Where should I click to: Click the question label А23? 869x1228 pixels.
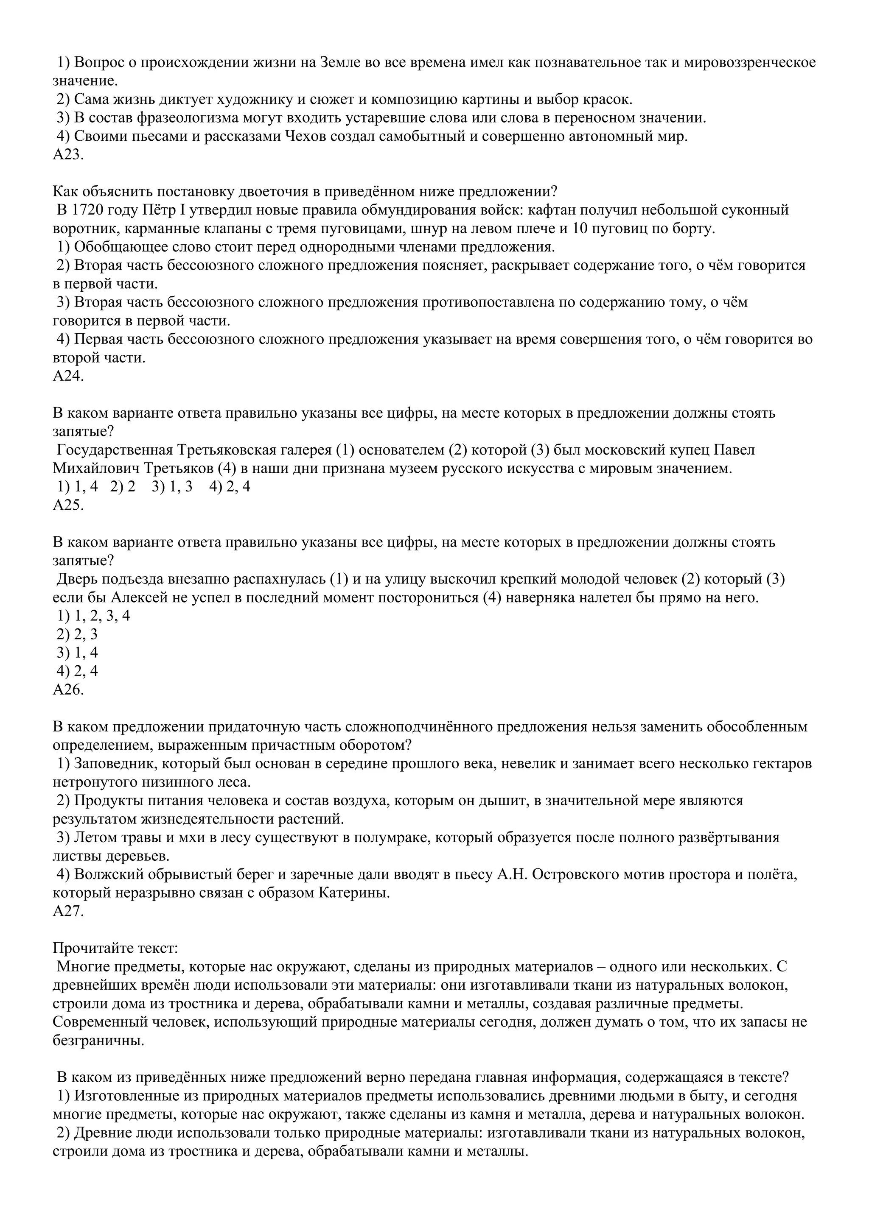(68, 155)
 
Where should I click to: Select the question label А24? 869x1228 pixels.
(68, 376)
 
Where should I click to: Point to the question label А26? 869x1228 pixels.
(68, 689)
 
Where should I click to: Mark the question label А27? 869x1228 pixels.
(68, 911)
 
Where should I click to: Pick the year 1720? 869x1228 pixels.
(80, 210)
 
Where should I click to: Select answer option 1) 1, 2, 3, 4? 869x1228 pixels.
(93, 616)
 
